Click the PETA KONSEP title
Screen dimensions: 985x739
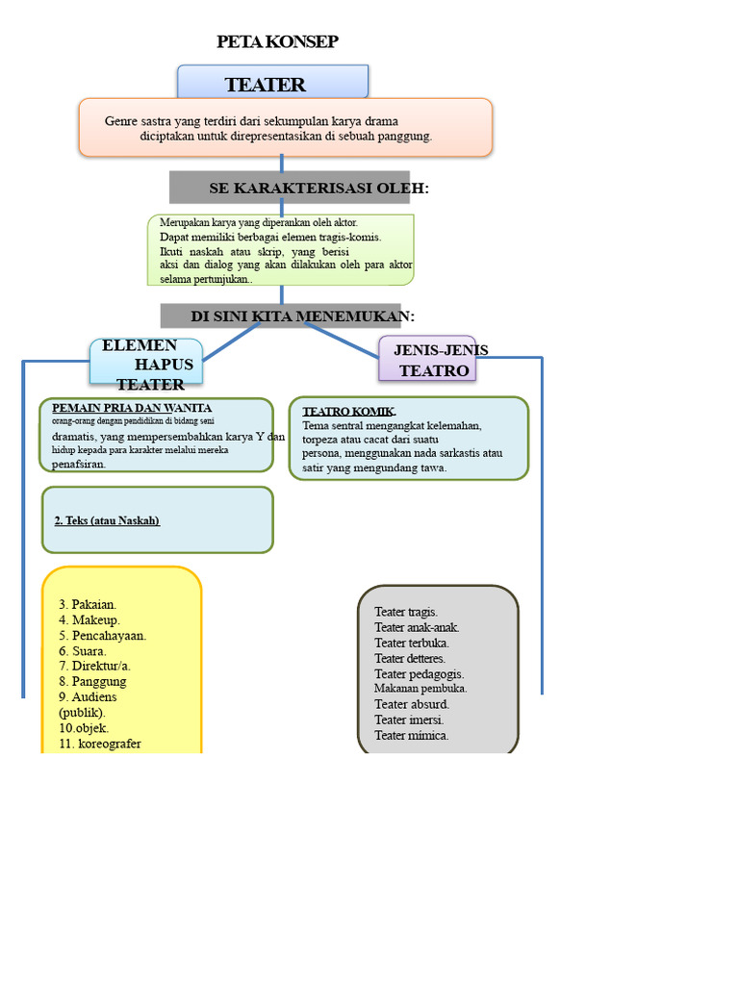(x=277, y=41)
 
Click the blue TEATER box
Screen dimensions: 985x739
(x=272, y=83)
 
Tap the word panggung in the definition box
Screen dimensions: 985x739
(x=407, y=137)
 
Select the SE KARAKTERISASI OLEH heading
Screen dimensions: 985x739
(x=319, y=188)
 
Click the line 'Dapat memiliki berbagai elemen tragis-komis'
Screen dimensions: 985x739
(x=270, y=237)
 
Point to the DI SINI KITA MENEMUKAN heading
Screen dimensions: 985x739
(x=302, y=316)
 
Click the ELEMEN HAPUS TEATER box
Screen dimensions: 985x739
(x=147, y=364)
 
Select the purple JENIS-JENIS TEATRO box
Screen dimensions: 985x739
(x=428, y=360)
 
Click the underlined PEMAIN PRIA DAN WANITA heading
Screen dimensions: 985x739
(x=132, y=408)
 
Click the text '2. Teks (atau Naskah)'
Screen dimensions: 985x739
(x=107, y=520)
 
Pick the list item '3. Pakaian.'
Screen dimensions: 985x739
(x=88, y=604)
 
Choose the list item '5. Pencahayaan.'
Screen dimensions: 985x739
(x=102, y=635)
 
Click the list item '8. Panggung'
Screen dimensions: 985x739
(x=92, y=681)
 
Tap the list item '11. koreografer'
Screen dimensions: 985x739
(x=99, y=744)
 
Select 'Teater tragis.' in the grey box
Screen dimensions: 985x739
(x=406, y=612)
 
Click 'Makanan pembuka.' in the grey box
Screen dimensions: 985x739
(x=420, y=689)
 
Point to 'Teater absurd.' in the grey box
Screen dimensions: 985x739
(x=412, y=704)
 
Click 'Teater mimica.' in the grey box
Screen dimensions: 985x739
(x=412, y=735)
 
